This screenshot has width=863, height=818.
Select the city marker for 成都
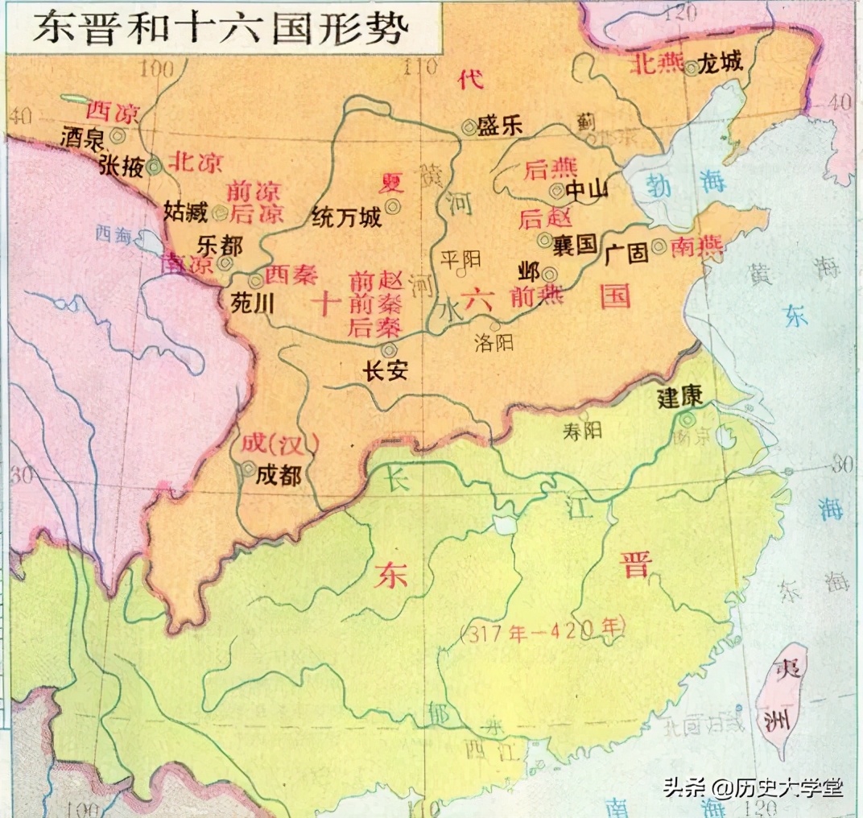click(248, 468)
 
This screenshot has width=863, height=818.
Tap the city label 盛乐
click(500, 126)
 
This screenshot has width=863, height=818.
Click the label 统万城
click(346, 217)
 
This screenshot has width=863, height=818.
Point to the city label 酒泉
click(82, 138)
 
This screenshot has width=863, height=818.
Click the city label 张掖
click(122, 165)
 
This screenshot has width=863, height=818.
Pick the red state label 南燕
click(697, 247)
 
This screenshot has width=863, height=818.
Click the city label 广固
click(626, 254)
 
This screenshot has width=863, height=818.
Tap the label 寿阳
click(582, 431)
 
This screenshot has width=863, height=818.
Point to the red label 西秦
click(291, 275)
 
